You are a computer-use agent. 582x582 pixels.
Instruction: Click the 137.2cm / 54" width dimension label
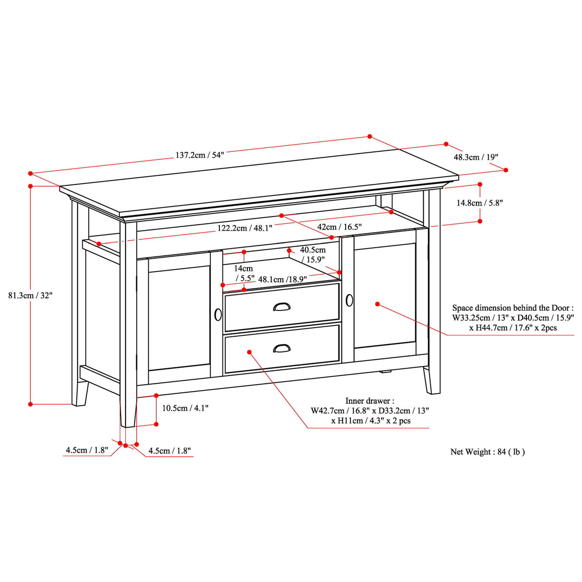coord(199,155)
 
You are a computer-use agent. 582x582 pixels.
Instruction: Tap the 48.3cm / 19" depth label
coord(476,157)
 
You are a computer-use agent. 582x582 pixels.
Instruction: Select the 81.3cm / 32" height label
coord(30,296)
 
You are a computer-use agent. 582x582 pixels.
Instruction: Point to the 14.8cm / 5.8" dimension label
coord(479,203)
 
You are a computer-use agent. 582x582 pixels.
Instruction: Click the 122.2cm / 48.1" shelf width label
coord(244,228)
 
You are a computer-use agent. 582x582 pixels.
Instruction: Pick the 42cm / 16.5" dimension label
coord(339,227)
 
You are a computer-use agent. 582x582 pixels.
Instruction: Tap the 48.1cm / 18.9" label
coord(282,279)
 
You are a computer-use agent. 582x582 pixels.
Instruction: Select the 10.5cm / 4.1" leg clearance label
coord(185,408)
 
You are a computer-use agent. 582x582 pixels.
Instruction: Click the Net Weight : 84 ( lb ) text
coord(488,452)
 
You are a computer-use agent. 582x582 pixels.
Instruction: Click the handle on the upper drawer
coord(281,307)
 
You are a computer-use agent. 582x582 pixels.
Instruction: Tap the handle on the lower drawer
coord(281,348)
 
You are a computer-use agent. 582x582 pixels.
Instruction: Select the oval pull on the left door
coord(218,315)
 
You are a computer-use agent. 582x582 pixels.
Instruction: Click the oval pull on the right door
coord(349,300)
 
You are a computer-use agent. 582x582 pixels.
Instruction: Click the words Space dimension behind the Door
coord(512,308)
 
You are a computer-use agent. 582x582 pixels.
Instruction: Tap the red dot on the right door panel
coord(378,304)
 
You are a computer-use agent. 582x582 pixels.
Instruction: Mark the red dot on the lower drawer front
coord(249,352)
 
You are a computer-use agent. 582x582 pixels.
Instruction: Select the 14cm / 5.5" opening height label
coord(244,273)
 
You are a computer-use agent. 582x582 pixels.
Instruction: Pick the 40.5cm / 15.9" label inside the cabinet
coord(313,254)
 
